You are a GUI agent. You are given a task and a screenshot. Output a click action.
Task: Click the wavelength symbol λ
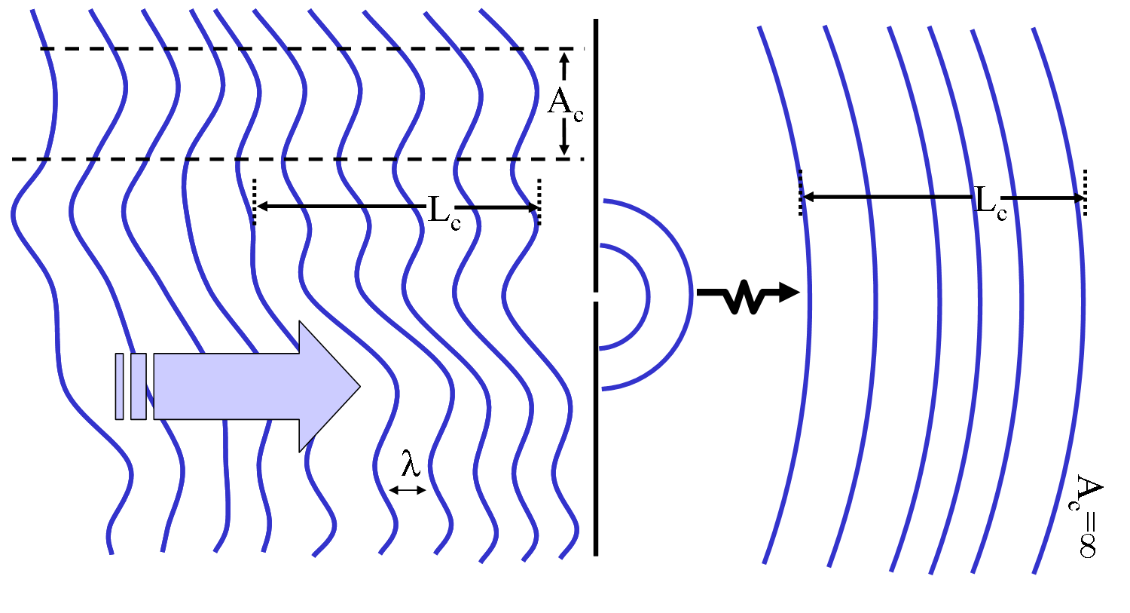[x=410, y=464]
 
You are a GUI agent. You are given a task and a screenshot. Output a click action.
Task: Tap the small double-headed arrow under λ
[x=408, y=490]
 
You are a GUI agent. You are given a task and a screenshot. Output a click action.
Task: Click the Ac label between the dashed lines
[x=564, y=103]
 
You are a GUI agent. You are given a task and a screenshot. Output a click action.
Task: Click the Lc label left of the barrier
[x=443, y=210]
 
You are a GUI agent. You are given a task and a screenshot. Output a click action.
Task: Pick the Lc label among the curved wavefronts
[x=990, y=202]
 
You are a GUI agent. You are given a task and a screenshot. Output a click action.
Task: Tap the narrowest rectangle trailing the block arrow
[x=119, y=386]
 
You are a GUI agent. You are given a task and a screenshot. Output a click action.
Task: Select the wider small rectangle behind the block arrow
[x=138, y=386]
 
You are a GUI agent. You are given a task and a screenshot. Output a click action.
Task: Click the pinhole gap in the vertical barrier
[x=596, y=296]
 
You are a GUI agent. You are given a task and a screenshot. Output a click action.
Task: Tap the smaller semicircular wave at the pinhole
[x=637, y=296]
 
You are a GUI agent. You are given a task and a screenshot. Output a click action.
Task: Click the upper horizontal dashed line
[x=301, y=49]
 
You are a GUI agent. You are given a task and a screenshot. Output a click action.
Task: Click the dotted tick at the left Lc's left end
[x=255, y=201]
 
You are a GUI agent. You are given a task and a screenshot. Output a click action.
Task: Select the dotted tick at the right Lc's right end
[x=1085, y=193]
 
